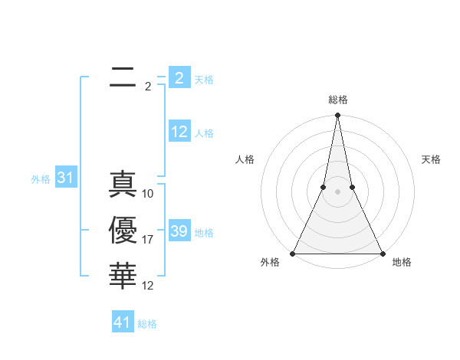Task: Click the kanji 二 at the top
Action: click(123, 77)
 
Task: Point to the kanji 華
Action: click(123, 276)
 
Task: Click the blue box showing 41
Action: click(123, 322)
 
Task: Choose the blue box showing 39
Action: click(179, 231)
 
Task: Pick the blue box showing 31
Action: click(65, 178)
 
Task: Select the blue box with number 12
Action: click(179, 132)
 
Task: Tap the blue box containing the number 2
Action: click(179, 78)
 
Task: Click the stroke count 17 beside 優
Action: click(148, 240)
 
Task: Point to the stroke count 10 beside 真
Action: click(148, 194)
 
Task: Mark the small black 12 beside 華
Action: click(148, 286)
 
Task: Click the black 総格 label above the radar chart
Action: click(337, 100)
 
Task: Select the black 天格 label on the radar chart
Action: click(432, 159)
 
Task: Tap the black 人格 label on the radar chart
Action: click(245, 159)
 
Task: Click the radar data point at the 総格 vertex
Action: click(337, 116)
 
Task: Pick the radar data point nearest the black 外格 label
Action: click(293, 254)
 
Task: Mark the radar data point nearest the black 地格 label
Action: click(382, 254)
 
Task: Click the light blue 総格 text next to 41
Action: click(147, 324)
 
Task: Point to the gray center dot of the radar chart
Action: click(337, 192)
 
